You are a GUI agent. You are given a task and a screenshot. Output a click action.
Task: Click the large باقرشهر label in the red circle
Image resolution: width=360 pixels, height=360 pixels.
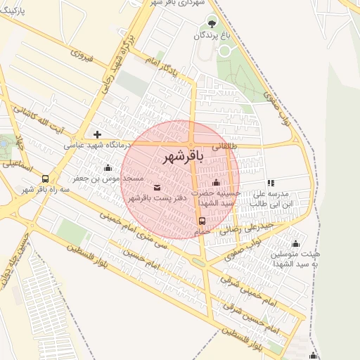click(x=184, y=156)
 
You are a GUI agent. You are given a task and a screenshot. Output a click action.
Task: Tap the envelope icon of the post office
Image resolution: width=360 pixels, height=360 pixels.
click(x=156, y=187)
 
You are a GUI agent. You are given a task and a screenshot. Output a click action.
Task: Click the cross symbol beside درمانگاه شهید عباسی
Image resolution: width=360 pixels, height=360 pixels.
click(x=97, y=134)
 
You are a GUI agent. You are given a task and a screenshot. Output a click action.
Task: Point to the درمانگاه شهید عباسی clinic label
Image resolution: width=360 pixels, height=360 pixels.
click(x=98, y=146)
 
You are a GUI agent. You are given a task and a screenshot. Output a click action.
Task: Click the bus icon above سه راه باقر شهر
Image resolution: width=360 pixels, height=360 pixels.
click(x=45, y=179)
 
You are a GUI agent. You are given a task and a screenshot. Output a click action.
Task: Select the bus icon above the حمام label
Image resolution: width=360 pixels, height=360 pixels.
click(x=202, y=219)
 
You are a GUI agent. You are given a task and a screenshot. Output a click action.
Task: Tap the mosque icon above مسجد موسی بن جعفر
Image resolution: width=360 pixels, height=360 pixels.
click(x=108, y=167)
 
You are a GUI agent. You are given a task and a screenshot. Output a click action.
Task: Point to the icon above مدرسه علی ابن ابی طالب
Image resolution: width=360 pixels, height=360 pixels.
click(x=271, y=183)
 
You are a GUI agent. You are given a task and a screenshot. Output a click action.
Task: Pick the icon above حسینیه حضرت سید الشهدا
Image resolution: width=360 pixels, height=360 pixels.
click(x=216, y=183)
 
